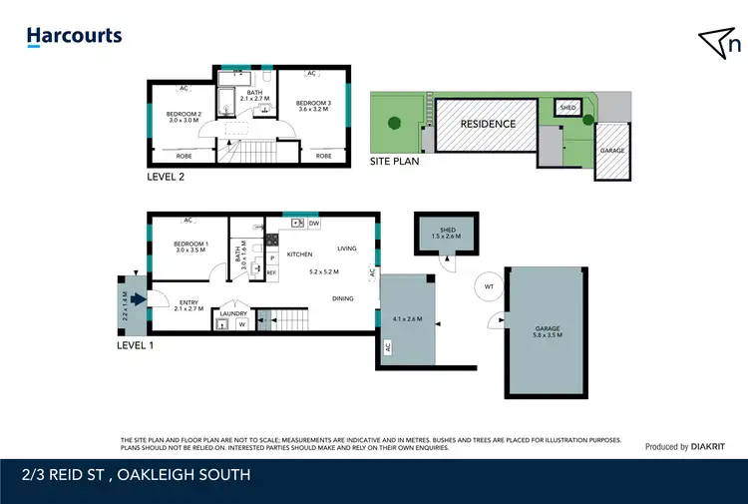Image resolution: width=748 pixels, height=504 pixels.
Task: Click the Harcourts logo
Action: pos(74,37)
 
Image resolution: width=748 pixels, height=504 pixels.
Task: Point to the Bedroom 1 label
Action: pos(190,248)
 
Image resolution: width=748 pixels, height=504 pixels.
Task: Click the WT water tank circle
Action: pos(489,287)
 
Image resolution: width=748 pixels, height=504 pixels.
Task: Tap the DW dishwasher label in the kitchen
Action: pos(314,224)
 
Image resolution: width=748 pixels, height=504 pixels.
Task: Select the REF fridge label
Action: pos(271,271)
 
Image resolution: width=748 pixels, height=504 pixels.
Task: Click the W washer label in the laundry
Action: pos(240,324)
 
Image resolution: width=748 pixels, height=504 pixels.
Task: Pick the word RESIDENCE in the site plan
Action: pos(488,124)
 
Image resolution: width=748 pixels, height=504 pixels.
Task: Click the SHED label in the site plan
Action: pos(567,108)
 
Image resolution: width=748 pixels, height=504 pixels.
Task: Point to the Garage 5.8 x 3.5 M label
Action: pos(548,331)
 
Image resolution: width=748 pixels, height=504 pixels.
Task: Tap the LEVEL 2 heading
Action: pos(165,177)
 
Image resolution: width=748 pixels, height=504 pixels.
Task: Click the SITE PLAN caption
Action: pos(394,160)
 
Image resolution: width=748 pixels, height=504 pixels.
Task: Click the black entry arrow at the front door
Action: pos(136,296)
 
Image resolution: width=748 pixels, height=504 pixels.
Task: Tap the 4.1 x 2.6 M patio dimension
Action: pos(409,319)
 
